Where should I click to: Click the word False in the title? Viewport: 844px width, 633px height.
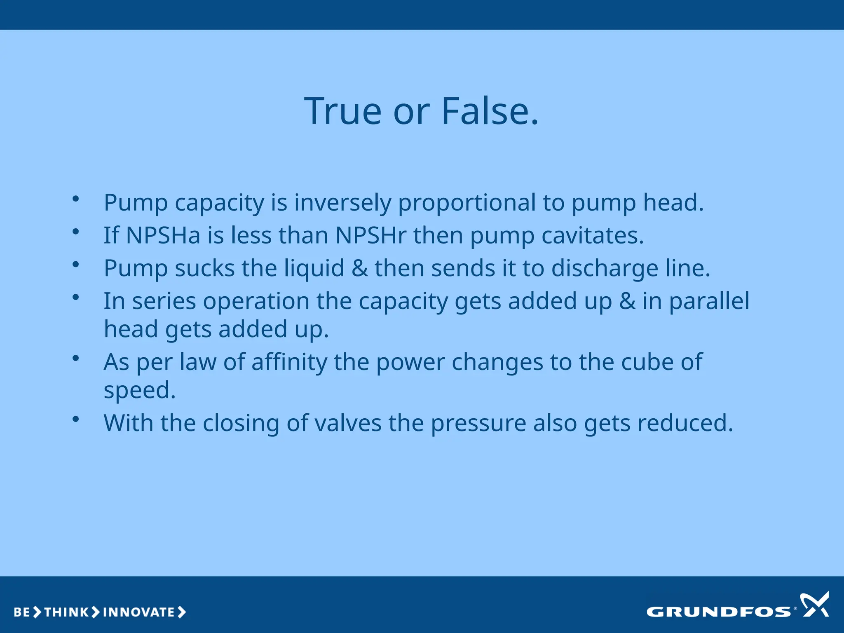tap(490, 111)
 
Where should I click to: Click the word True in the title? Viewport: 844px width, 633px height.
tap(343, 111)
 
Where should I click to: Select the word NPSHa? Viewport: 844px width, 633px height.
tap(163, 235)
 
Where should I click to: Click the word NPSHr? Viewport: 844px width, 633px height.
tap(371, 235)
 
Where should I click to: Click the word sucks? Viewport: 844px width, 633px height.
tap(204, 268)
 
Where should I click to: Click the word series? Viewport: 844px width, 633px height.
tap(164, 301)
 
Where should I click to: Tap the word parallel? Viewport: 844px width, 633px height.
tap(709, 301)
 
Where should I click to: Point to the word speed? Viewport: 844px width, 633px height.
tap(139, 390)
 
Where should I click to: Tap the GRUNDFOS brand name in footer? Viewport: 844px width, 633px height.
tap(718, 612)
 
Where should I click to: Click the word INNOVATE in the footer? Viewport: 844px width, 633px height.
tap(139, 612)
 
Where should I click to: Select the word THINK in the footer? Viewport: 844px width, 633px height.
tap(66, 612)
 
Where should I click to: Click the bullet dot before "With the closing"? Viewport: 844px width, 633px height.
tap(75, 419)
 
